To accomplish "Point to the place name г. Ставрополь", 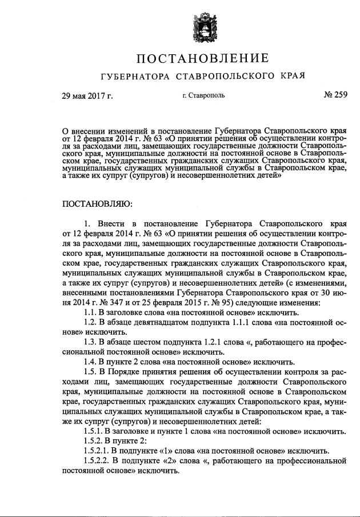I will tap(203, 95).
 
